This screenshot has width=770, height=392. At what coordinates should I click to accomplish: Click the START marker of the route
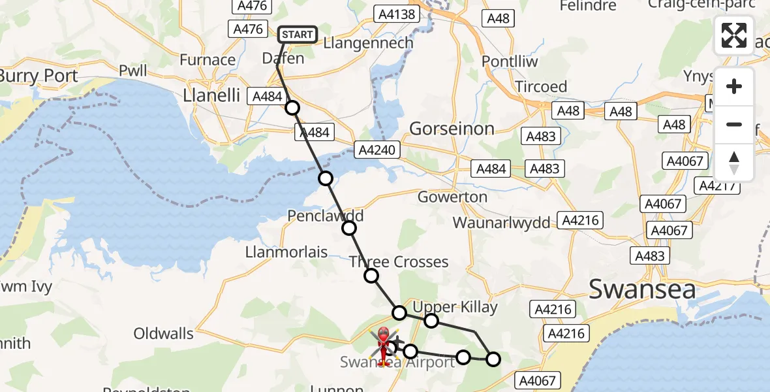click(298, 35)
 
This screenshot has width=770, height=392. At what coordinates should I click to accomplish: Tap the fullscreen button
click(734, 35)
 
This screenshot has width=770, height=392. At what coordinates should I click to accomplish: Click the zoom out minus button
click(734, 124)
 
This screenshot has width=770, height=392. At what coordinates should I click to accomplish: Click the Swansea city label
click(643, 289)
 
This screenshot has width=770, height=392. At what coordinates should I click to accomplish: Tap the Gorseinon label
click(452, 129)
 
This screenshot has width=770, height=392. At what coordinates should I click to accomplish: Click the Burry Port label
click(38, 76)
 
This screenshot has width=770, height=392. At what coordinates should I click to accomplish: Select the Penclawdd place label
click(325, 216)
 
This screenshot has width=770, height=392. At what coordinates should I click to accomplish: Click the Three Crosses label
click(399, 262)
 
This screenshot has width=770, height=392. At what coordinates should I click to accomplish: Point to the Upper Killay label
click(455, 307)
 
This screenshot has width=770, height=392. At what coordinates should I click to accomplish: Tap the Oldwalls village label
click(163, 334)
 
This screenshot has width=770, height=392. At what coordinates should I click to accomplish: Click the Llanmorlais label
click(286, 252)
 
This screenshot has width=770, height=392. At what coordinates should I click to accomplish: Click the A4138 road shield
click(393, 13)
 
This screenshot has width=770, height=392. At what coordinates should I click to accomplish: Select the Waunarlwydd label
click(502, 222)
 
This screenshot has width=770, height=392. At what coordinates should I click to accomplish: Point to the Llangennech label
click(369, 43)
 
